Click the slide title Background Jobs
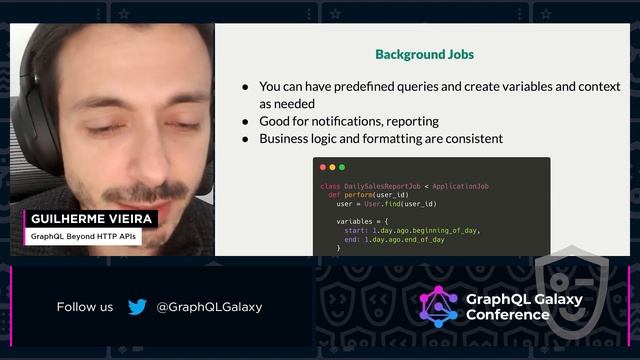click(x=424, y=54)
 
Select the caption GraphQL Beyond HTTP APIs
click(x=82, y=237)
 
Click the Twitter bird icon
click(x=137, y=307)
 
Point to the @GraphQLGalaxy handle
click(x=209, y=307)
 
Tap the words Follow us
click(x=85, y=307)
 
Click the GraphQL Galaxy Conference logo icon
click(x=438, y=306)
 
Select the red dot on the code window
click(x=321, y=167)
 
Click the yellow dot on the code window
click(x=331, y=167)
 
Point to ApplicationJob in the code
click(x=461, y=186)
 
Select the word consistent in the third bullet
click(x=469, y=139)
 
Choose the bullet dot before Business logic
click(x=245, y=139)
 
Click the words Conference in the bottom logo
click(x=508, y=315)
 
